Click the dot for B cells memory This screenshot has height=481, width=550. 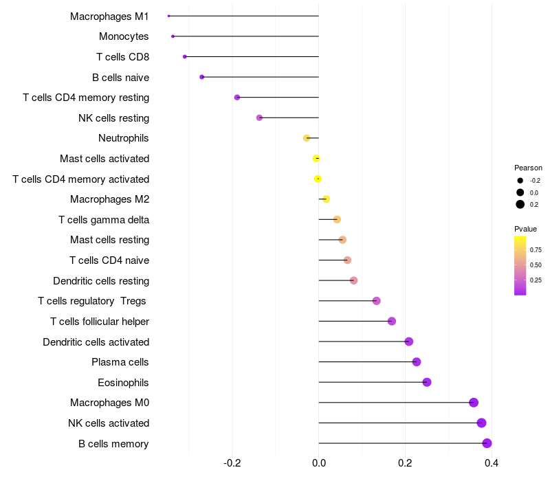pos(487,443)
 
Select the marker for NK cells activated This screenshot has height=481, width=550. pos(481,423)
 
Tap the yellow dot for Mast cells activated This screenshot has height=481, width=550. pos(316,159)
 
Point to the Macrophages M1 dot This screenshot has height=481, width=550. pos(168,16)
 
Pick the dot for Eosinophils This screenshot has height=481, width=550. pos(427,382)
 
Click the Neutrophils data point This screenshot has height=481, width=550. pos(307,138)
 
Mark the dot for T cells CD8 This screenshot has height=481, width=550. pos(185,56)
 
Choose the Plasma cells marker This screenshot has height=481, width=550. pos(417,362)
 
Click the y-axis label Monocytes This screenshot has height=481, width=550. pos(124,36)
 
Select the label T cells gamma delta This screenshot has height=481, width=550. pos(104,220)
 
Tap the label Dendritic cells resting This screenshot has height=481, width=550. pos(101,281)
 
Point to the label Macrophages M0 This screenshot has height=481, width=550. pos(109,403)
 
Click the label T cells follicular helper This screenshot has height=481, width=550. pos(100,322)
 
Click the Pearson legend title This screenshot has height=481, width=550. pos(528,168)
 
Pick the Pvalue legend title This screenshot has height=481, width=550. pos(526,229)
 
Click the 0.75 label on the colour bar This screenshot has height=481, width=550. pos(536,249)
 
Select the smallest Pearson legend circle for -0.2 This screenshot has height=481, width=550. pos(520,181)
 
